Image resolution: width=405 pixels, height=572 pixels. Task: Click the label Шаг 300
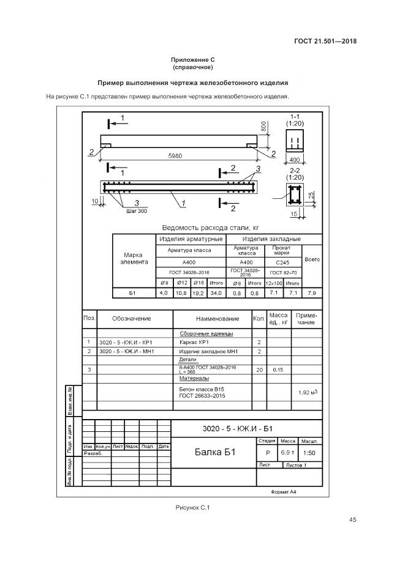point(137,211)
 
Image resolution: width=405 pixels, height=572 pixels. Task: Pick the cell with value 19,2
point(198,294)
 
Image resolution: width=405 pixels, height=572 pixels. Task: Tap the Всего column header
point(312,259)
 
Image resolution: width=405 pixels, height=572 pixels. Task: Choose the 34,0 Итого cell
point(216,294)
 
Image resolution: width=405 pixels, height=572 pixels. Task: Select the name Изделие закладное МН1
point(208,352)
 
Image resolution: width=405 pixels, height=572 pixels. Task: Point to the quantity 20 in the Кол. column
point(259,370)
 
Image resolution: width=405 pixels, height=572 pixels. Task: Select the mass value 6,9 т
point(287,453)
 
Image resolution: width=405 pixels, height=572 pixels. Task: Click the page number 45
point(352,520)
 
